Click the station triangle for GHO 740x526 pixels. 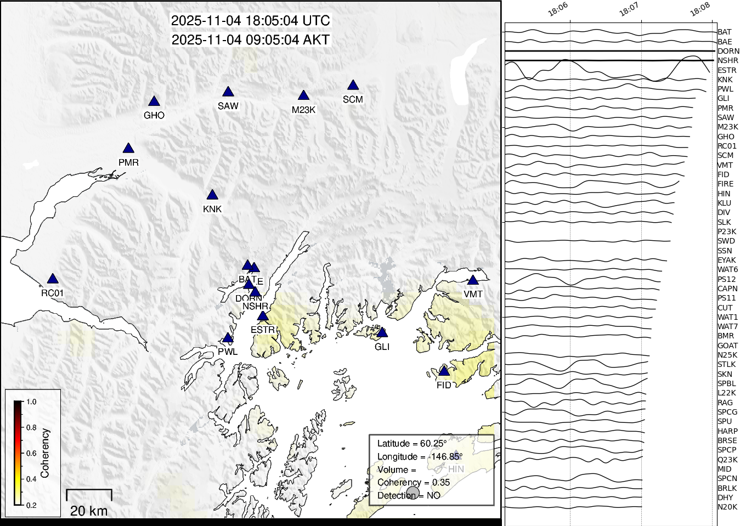pos(154,101)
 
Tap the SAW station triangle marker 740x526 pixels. pos(228,92)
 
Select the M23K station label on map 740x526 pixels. pos(303,110)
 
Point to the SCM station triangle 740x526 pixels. pos(353,86)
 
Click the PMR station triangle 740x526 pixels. pos(128,149)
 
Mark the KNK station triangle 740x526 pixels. pos(212,195)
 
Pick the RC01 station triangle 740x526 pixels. pos(53,279)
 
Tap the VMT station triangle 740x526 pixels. pos(473,280)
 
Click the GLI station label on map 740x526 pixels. pos(382,347)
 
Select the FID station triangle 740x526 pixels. pos(444,372)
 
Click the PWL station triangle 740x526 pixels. pos(228,338)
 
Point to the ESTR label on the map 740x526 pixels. pos(262,330)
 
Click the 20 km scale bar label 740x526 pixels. pos(89,511)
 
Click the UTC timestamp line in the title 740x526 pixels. pos(251,21)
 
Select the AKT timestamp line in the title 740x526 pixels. pos(251,40)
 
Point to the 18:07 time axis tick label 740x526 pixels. pos(629,10)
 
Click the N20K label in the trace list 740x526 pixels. pos(727,507)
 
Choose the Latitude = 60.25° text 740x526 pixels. pos(411,443)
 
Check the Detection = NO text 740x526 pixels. pos(409,495)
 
